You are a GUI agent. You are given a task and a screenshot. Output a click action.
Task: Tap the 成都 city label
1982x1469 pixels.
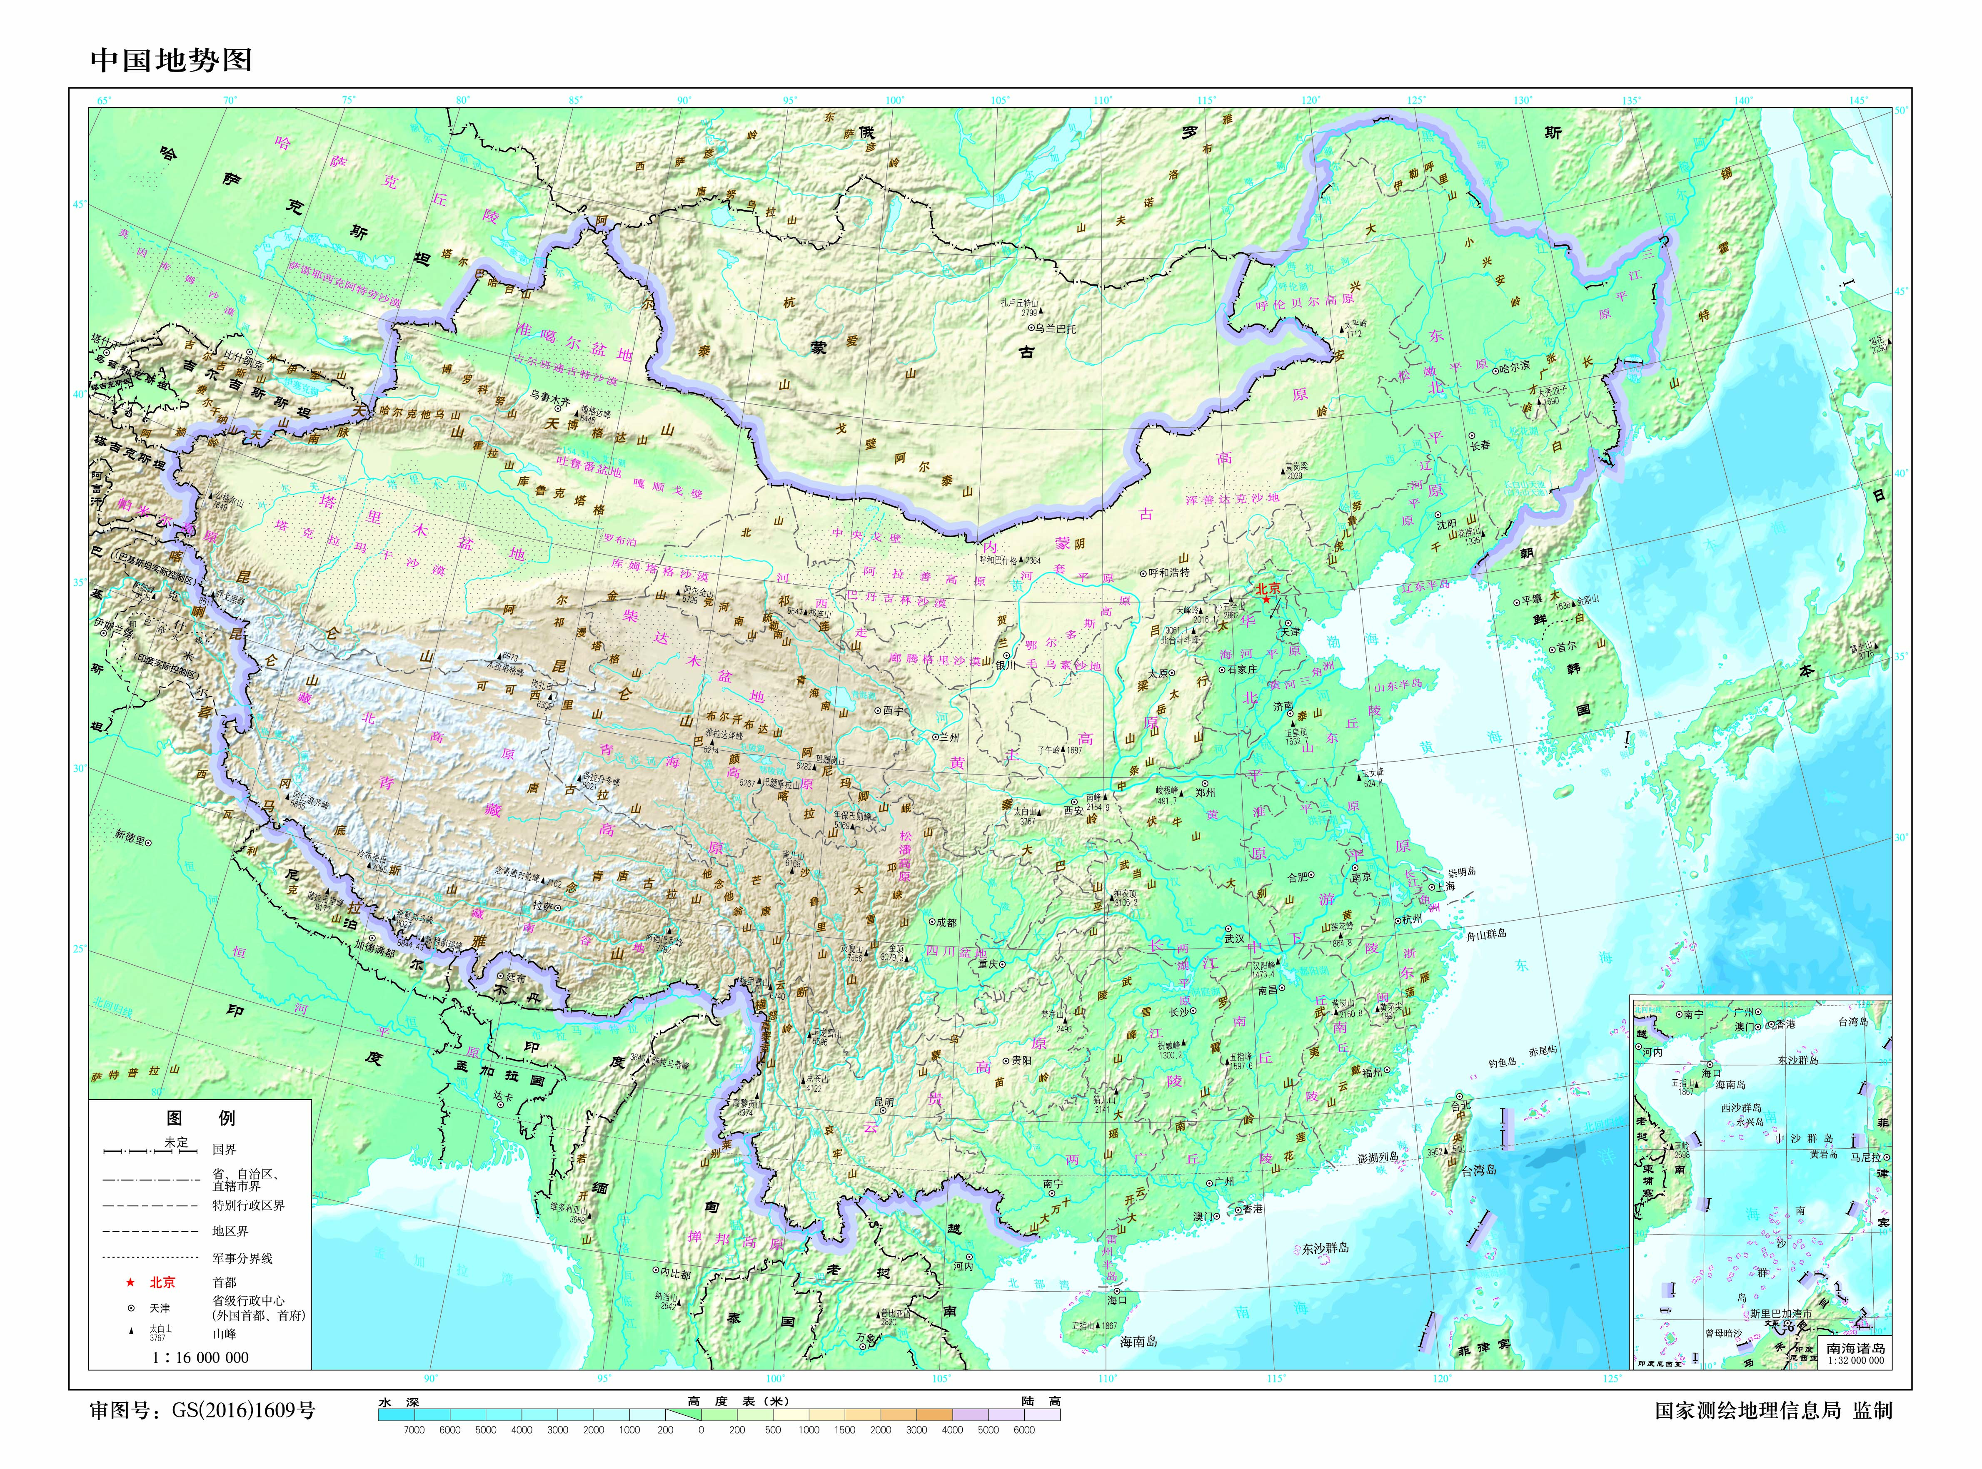tap(945, 922)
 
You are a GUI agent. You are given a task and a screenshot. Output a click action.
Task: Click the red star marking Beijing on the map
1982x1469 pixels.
tap(1266, 599)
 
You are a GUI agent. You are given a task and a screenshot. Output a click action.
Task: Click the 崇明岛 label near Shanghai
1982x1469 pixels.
tap(1462, 871)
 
